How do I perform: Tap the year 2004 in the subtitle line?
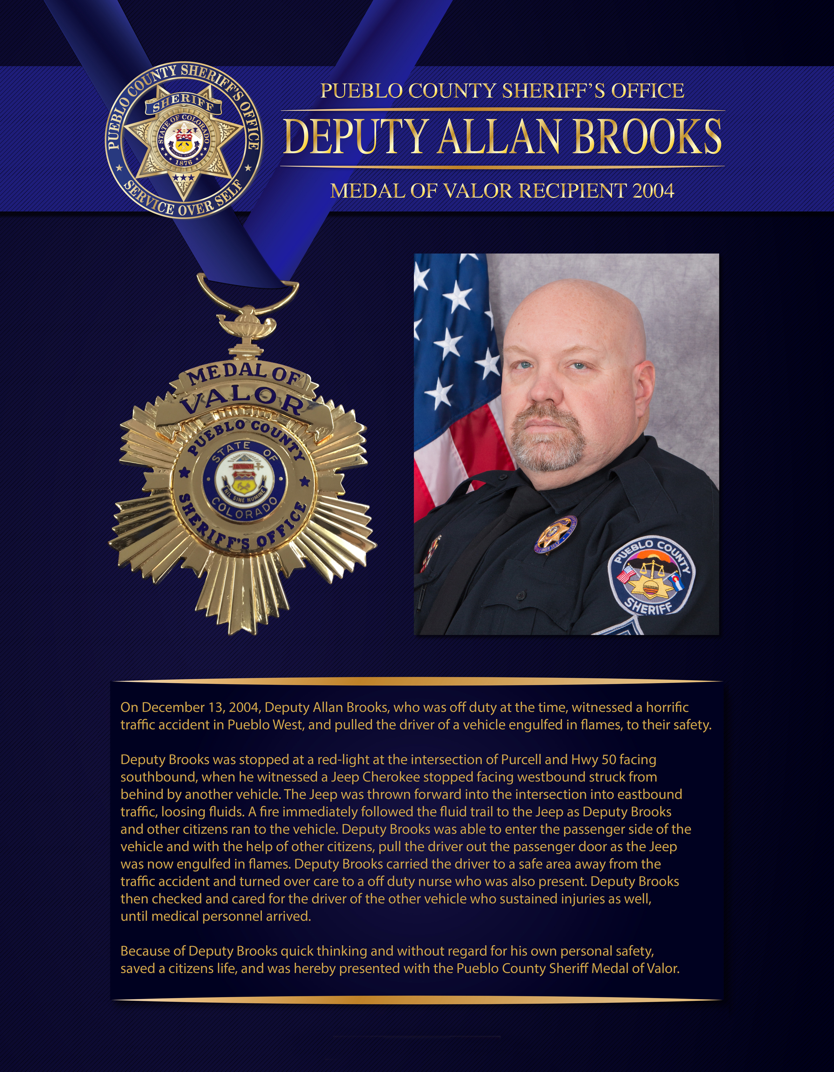click(653, 191)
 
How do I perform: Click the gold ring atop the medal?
click(247, 290)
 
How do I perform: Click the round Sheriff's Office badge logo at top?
click(184, 139)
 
